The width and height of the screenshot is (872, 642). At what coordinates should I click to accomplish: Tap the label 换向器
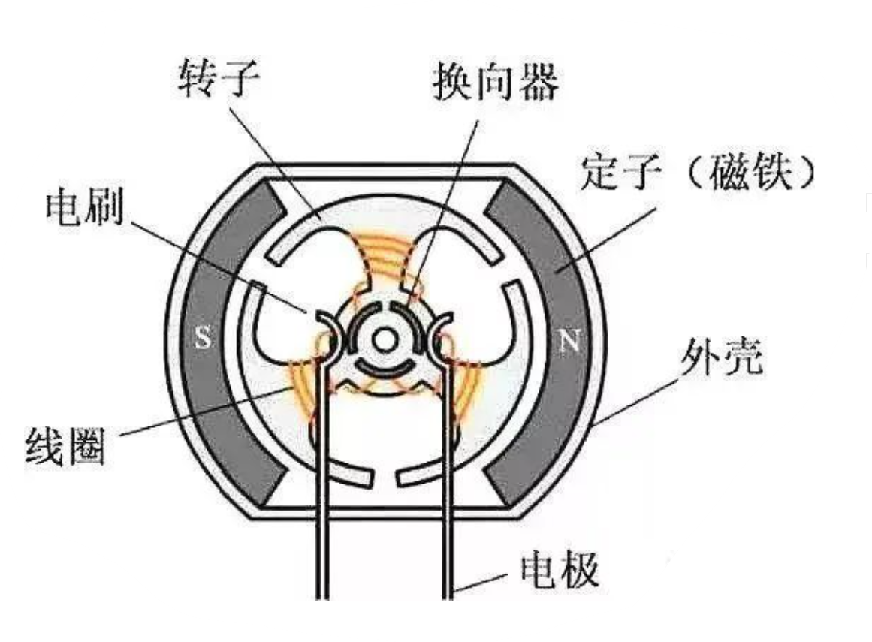tap(495, 83)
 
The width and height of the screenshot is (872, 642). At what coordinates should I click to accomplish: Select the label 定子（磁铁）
tap(699, 175)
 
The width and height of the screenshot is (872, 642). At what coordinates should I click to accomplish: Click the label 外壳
tap(722, 358)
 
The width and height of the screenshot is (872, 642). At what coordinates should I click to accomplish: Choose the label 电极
tap(560, 570)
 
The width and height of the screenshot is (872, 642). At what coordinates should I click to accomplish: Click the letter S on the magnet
tap(203, 339)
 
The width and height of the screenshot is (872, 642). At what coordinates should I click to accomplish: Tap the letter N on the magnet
tap(569, 343)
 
